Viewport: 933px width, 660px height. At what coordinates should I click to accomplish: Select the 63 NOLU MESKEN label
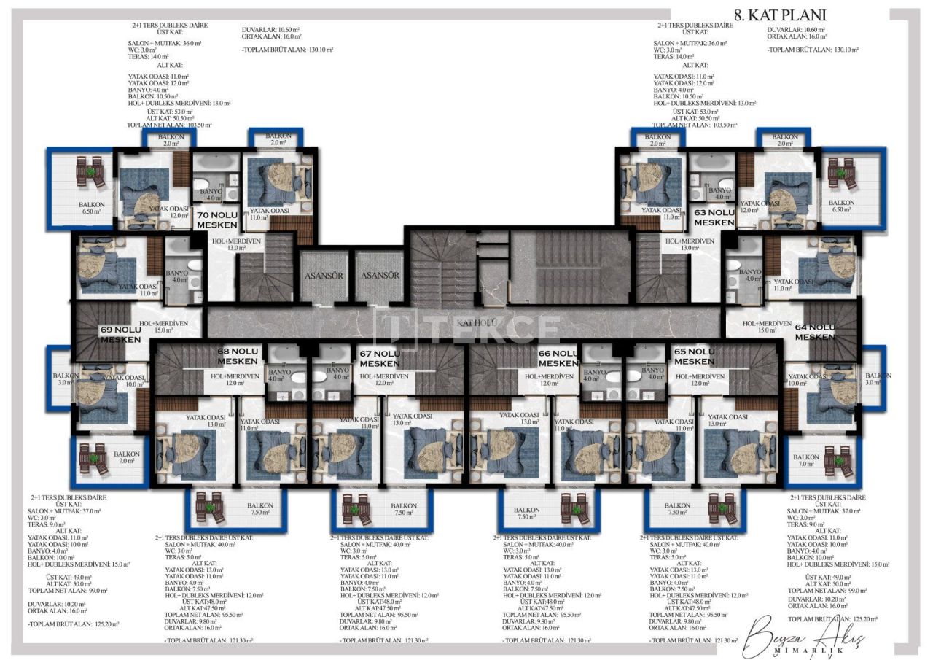click(714, 217)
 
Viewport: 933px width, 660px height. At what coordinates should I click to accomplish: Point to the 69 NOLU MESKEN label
click(120, 334)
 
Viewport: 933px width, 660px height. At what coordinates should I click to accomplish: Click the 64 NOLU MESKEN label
click(815, 332)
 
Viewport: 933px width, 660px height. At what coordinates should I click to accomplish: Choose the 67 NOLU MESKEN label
click(379, 358)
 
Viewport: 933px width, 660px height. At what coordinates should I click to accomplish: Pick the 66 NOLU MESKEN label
click(558, 357)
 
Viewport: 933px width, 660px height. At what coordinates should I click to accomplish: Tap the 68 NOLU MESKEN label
click(238, 356)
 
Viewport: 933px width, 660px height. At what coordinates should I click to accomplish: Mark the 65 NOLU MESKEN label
click(694, 356)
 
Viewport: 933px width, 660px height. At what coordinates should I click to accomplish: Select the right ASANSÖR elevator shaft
click(379, 276)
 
